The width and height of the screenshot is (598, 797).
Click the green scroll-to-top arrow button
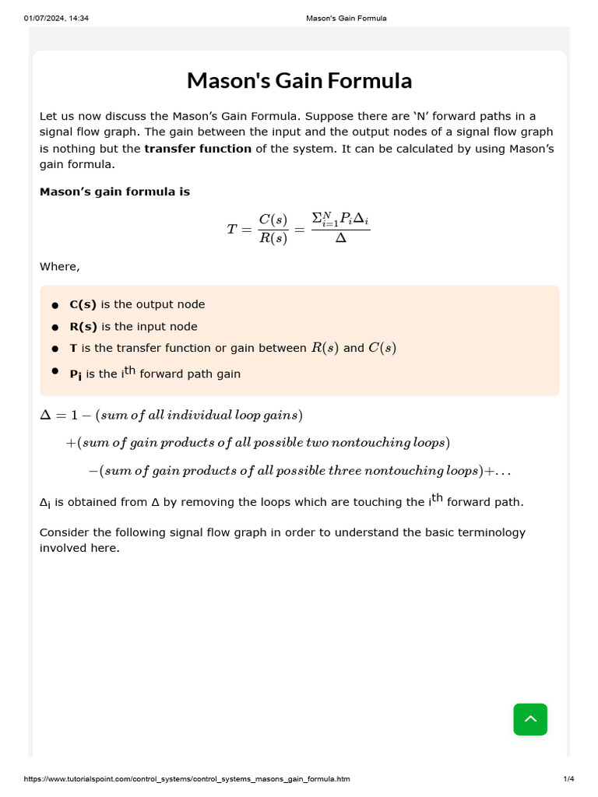(530, 719)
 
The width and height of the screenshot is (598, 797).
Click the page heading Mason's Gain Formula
(299, 81)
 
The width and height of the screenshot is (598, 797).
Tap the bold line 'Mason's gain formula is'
(114, 191)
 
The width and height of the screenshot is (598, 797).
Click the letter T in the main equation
(232, 229)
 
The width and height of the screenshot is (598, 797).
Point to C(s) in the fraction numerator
(273, 219)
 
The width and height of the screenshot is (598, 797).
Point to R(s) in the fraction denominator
(273, 239)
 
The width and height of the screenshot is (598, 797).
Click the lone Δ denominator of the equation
(340, 239)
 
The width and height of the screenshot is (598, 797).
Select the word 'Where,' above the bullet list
(59, 267)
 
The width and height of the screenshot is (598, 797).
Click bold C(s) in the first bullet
(83, 305)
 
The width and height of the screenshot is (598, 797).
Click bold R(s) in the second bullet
(83, 327)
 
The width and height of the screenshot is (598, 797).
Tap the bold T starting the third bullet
(73, 349)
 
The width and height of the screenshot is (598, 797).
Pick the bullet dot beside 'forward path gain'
(55, 371)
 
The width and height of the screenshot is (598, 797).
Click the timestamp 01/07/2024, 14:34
(56, 18)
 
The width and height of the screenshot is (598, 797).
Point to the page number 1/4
(568, 779)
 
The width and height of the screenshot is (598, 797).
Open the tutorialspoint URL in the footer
(187, 779)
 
